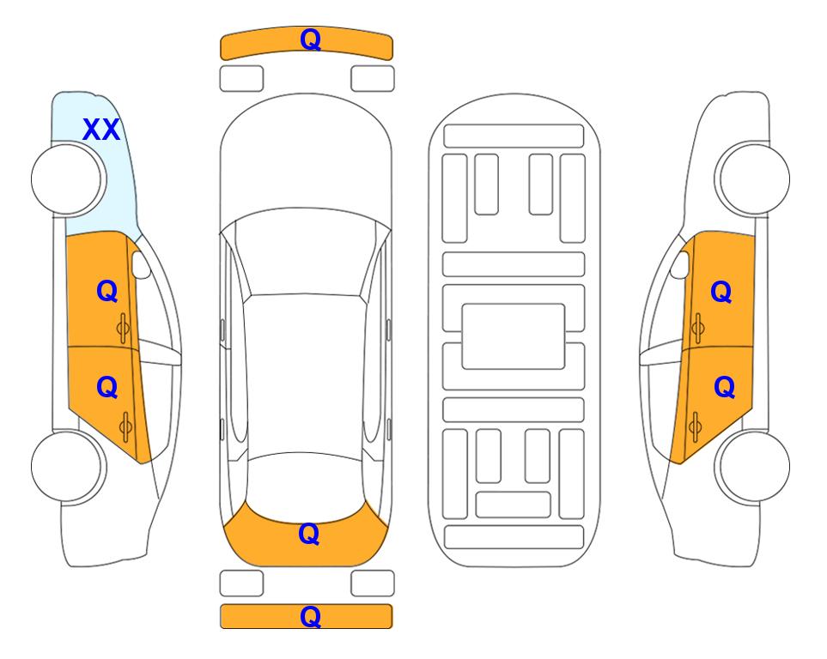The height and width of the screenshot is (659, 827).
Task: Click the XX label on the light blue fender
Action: (x=101, y=130)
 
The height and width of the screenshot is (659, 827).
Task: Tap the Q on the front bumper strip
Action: (x=310, y=39)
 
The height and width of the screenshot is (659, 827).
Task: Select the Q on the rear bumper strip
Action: (x=310, y=616)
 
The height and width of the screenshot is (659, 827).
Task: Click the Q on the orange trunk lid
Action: (x=308, y=534)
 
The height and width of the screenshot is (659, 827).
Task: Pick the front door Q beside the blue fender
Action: (x=107, y=291)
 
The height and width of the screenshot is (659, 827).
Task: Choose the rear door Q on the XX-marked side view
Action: (x=107, y=388)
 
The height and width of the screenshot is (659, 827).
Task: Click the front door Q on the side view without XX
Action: (x=721, y=292)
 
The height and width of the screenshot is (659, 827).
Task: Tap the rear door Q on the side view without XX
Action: (x=724, y=388)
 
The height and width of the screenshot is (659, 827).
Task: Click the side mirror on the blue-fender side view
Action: (x=140, y=264)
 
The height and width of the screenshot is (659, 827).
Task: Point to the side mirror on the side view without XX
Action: (x=680, y=264)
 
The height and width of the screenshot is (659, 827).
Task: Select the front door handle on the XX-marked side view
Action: (x=124, y=329)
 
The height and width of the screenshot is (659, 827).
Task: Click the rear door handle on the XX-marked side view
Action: (x=125, y=427)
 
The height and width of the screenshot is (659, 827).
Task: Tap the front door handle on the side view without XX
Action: (x=697, y=329)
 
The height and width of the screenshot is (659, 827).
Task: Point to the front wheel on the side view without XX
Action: (x=752, y=178)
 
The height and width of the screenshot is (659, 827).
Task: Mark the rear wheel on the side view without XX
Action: (x=752, y=467)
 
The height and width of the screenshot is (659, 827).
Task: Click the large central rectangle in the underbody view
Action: (x=514, y=336)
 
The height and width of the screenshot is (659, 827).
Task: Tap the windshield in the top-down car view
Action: (x=306, y=253)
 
